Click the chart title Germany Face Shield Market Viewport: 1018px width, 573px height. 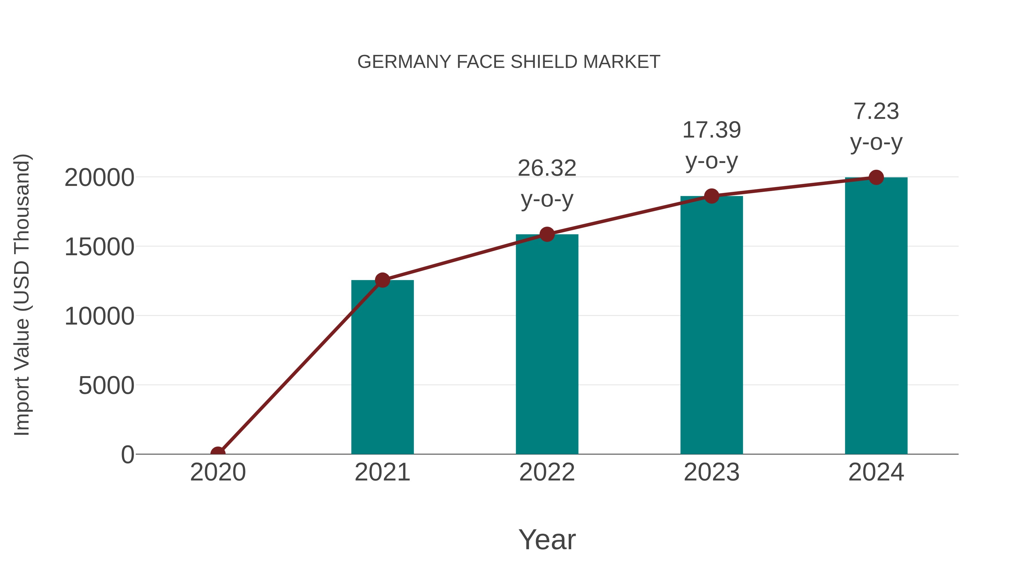tap(509, 62)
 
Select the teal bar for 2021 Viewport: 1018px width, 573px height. tap(382, 368)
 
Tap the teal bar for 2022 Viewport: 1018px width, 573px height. tap(547, 344)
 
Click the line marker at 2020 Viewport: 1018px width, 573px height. tap(218, 453)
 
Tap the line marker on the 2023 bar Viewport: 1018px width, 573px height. tap(711, 196)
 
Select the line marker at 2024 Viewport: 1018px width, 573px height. tap(876, 177)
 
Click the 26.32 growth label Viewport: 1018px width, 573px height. tap(547, 168)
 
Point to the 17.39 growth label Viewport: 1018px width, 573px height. tap(711, 130)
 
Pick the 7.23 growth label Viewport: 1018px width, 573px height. tap(876, 111)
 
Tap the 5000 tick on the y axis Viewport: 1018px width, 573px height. tap(106, 386)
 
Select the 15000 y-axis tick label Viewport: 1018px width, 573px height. tap(99, 247)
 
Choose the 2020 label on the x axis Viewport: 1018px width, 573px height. tap(218, 472)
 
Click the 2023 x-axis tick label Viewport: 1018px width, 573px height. tap(711, 472)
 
